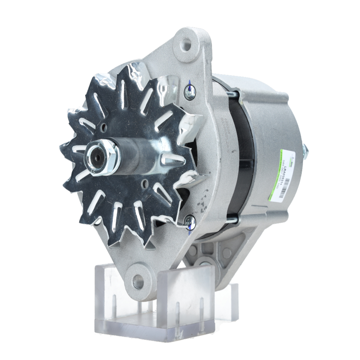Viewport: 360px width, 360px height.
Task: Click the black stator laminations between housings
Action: point(241,158)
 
